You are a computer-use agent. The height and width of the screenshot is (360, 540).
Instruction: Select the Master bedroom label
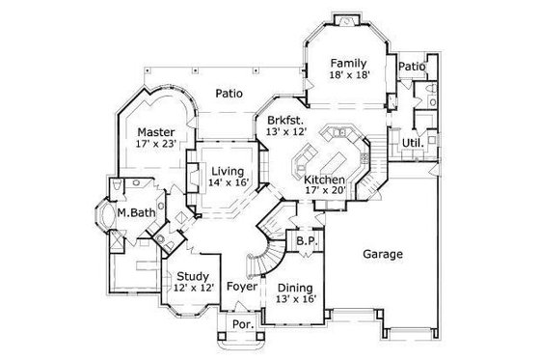(154, 132)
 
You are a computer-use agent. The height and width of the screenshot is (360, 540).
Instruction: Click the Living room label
(229, 172)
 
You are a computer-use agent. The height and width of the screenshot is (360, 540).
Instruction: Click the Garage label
(383, 255)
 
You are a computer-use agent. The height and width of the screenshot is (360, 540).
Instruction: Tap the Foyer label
(240, 286)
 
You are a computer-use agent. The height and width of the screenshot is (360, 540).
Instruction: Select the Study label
(187, 275)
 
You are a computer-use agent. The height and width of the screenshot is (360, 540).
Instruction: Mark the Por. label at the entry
(243, 325)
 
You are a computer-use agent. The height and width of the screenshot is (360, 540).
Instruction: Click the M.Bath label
(131, 212)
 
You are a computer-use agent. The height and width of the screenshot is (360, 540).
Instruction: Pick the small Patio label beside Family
(412, 66)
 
